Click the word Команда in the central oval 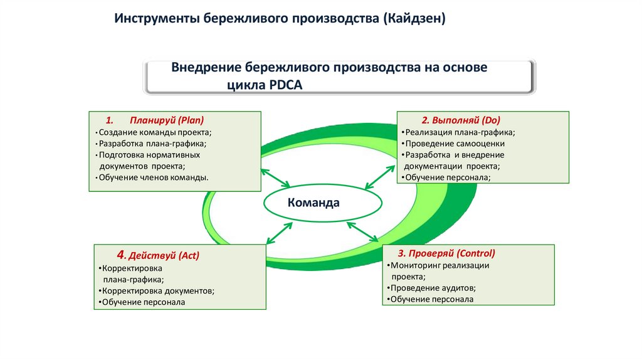pyautogui.click(x=313, y=203)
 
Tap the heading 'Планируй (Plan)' pyautogui.click(x=167, y=120)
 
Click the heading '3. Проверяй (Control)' pyautogui.click(x=446, y=253)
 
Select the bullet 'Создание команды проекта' pyautogui.click(x=155, y=132)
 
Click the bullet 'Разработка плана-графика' pyautogui.click(x=152, y=144)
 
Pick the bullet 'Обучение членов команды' pyautogui.click(x=154, y=177)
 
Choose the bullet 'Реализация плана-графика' pyautogui.click(x=460, y=132)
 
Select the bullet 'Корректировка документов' pyautogui.click(x=158, y=290)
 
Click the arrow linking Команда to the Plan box pyautogui.click(x=275, y=177)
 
